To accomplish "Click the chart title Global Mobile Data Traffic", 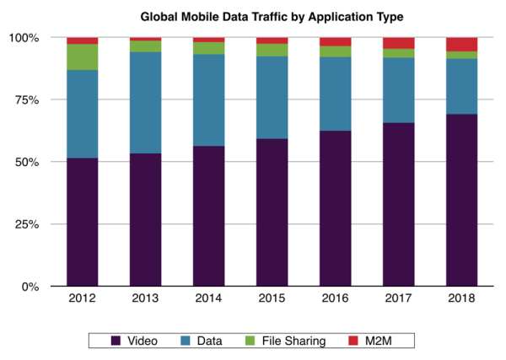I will point(253,15).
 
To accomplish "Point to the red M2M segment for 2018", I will point(462,45).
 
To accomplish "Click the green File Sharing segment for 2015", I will point(272,50).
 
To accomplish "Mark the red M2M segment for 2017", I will point(399,43).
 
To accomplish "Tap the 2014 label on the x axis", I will point(209,298).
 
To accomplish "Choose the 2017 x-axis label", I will point(399,298).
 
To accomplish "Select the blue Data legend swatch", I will point(186,341).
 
